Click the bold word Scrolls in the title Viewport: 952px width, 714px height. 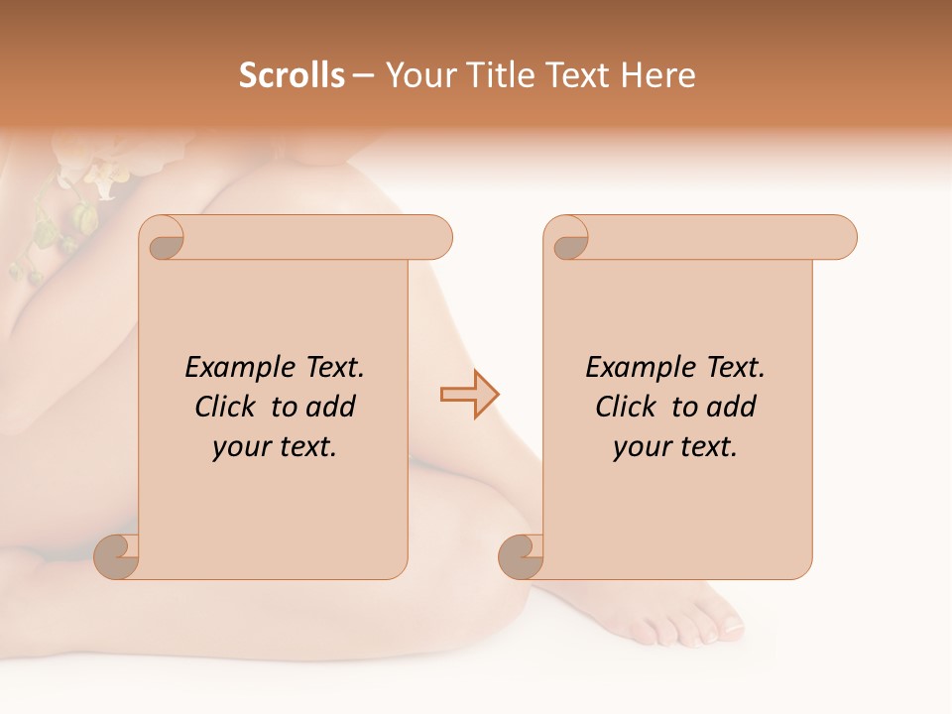(x=293, y=75)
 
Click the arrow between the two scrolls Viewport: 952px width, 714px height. (x=470, y=395)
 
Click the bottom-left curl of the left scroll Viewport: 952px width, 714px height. (x=117, y=556)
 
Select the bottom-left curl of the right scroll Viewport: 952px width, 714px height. (x=521, y=556)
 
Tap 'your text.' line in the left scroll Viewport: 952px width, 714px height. (x=274, y=447)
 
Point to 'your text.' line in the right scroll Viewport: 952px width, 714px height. (x=674, y=447)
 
